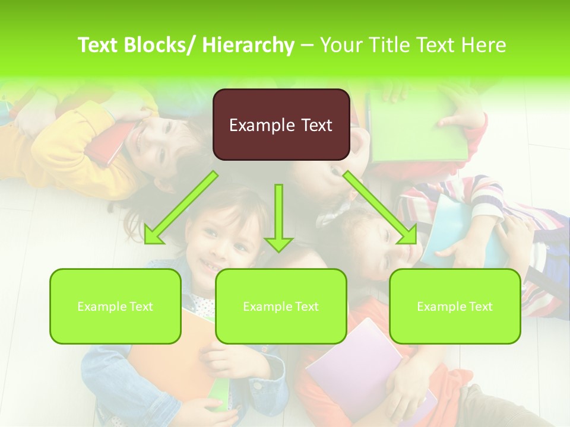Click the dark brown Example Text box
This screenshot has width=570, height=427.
[281, 125]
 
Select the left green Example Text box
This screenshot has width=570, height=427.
[115, 306]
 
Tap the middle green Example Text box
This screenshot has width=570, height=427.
[281, 306]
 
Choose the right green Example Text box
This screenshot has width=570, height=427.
[455, 306]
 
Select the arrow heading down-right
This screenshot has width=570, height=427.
[381, 208]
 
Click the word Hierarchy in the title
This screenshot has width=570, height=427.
[248, 45]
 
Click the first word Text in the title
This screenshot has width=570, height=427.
[99, 45]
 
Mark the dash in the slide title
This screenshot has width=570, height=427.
[307, 45]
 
